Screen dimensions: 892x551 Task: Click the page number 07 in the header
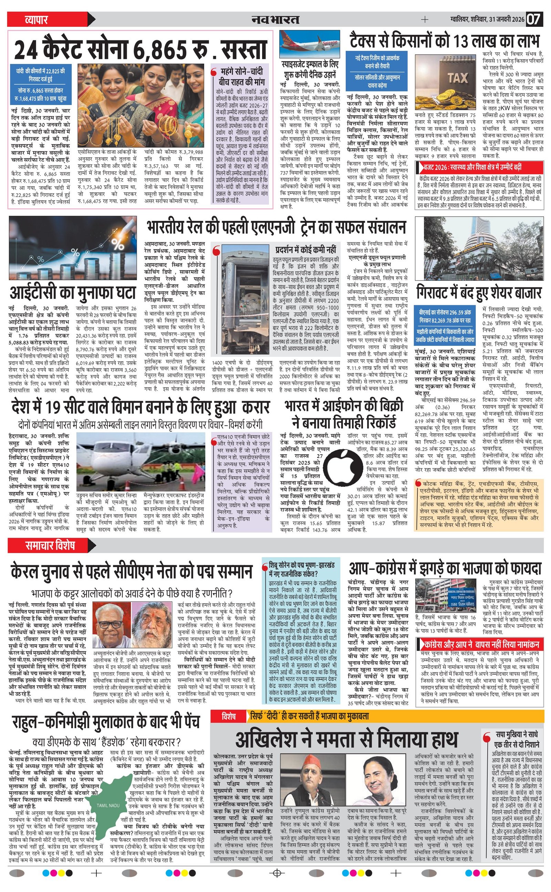[533, 19]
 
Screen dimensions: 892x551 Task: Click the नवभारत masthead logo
[275, 19]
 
